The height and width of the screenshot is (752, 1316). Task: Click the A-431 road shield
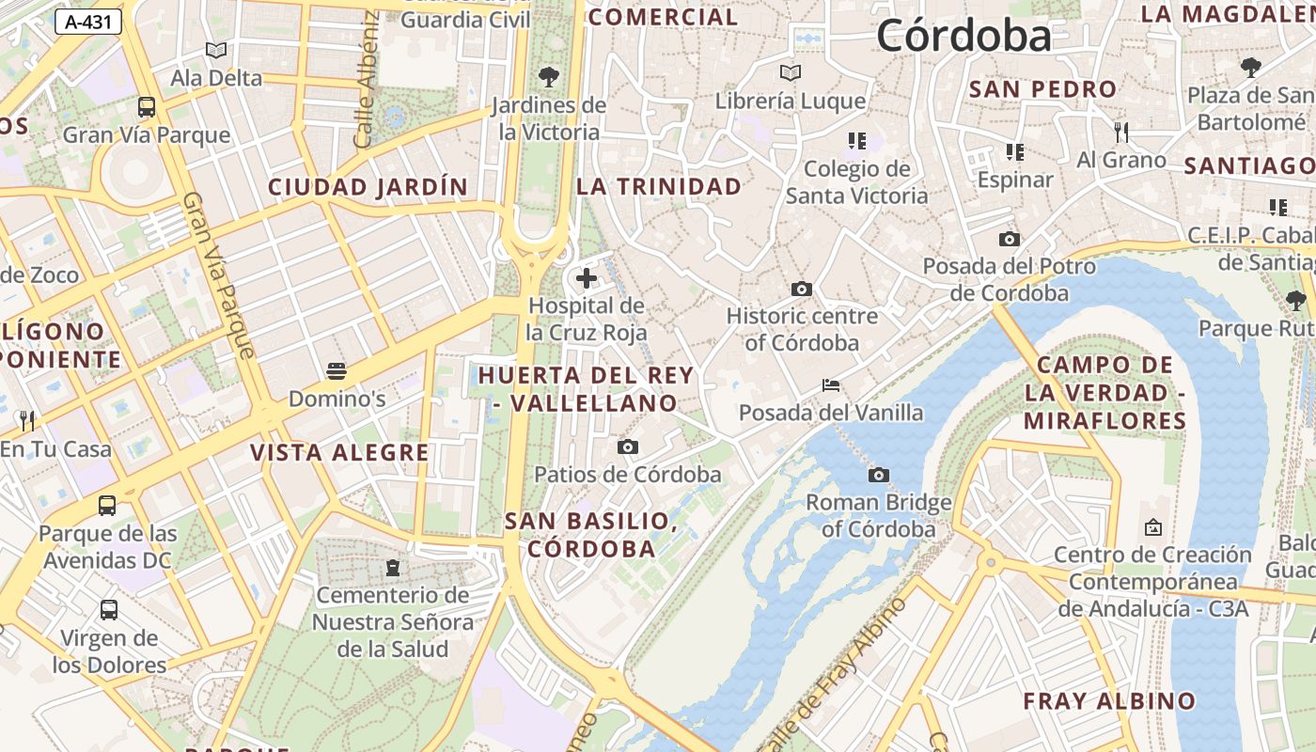click(x=88, y=22)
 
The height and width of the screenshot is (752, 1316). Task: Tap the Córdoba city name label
click(x=963, y=36)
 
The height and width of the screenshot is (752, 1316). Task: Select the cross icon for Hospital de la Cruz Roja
click(x=587, y=278)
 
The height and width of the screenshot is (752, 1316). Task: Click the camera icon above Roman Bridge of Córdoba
click(x=878, y=476)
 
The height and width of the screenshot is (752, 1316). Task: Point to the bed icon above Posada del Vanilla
click(x=830, y=385)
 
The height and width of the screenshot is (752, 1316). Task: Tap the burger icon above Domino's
click(x=337, y=371)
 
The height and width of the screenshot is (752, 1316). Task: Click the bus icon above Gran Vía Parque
click(x=147, y=107)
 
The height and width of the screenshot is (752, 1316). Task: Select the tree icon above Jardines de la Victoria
click(x=549, y=77)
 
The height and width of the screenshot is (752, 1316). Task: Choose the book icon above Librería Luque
click(x=791, y=73)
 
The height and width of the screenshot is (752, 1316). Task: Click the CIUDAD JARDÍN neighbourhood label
click(x=368, y=187)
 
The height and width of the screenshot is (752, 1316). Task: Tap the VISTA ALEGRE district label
click(x=339, y=453)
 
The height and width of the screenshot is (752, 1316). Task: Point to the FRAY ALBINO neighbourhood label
click(x=1109, y=701)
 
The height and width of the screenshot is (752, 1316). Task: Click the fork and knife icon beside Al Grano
click(x=1120, y=132)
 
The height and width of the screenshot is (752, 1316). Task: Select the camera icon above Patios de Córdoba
click(x=628, y=447)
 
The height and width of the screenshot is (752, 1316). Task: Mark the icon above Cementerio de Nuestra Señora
click(x=392, y=568)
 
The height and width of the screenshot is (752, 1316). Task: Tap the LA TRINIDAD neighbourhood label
click(x=659, y=187)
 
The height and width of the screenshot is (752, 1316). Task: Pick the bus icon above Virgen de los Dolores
click(x=109, y=610)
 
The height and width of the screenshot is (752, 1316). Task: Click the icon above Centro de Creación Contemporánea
click(x=1152, y=528)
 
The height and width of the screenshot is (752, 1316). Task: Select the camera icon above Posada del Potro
click(x=1010, y=240)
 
